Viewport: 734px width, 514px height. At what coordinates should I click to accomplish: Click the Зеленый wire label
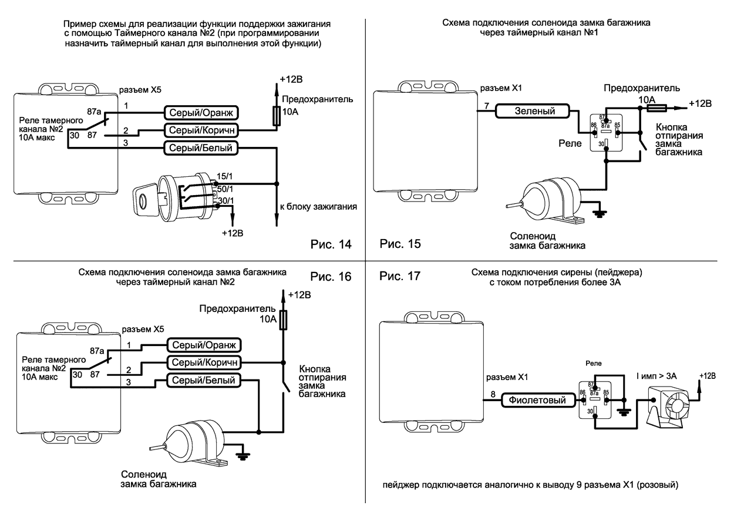pos(534,110)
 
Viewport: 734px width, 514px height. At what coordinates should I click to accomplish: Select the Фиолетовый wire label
pos(536,401)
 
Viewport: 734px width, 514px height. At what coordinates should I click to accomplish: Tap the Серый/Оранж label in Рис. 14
pos(201,112)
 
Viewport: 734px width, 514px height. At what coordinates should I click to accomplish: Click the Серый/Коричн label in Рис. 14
pos(201,130)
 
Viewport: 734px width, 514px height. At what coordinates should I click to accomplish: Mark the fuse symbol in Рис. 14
pos(276,115)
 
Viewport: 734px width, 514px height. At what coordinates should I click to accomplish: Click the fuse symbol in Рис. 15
pos(654,108)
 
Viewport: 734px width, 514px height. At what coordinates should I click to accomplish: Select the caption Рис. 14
pos(331,244)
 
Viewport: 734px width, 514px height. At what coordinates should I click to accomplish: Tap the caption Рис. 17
pos(400,276)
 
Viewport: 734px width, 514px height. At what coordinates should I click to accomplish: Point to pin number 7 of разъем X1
pos(486,106)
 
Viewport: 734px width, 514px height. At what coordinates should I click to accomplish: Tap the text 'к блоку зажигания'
pos(318,207)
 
